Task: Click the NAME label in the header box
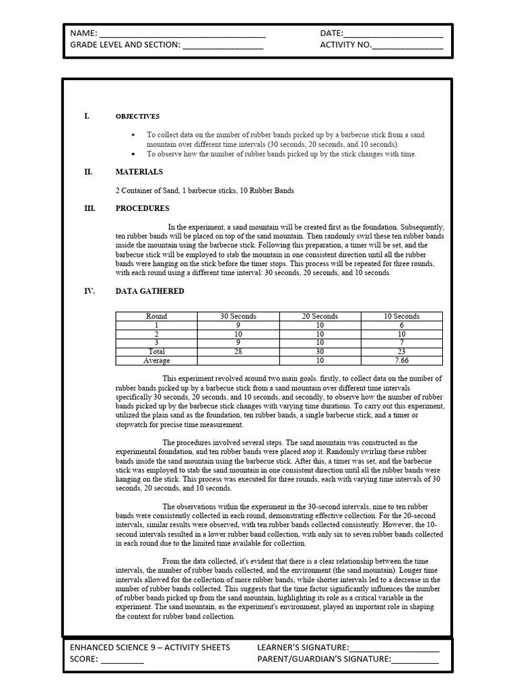[83, 33]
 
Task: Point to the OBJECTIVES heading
[137, 117]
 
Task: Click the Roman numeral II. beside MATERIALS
[88, 172]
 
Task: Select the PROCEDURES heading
[142, 208]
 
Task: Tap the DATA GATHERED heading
[149, 291]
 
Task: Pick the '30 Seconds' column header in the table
[238, 316]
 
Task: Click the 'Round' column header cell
[156, 316]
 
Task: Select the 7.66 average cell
[402, 360]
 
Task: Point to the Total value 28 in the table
[238, 352]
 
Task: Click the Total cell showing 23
[402, 352]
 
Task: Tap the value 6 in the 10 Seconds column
[402, 325]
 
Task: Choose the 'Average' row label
[156, 360]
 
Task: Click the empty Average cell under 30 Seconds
[238, 360]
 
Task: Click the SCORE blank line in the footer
[122, 661]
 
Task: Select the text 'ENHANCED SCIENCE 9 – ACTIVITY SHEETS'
[149, 648]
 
